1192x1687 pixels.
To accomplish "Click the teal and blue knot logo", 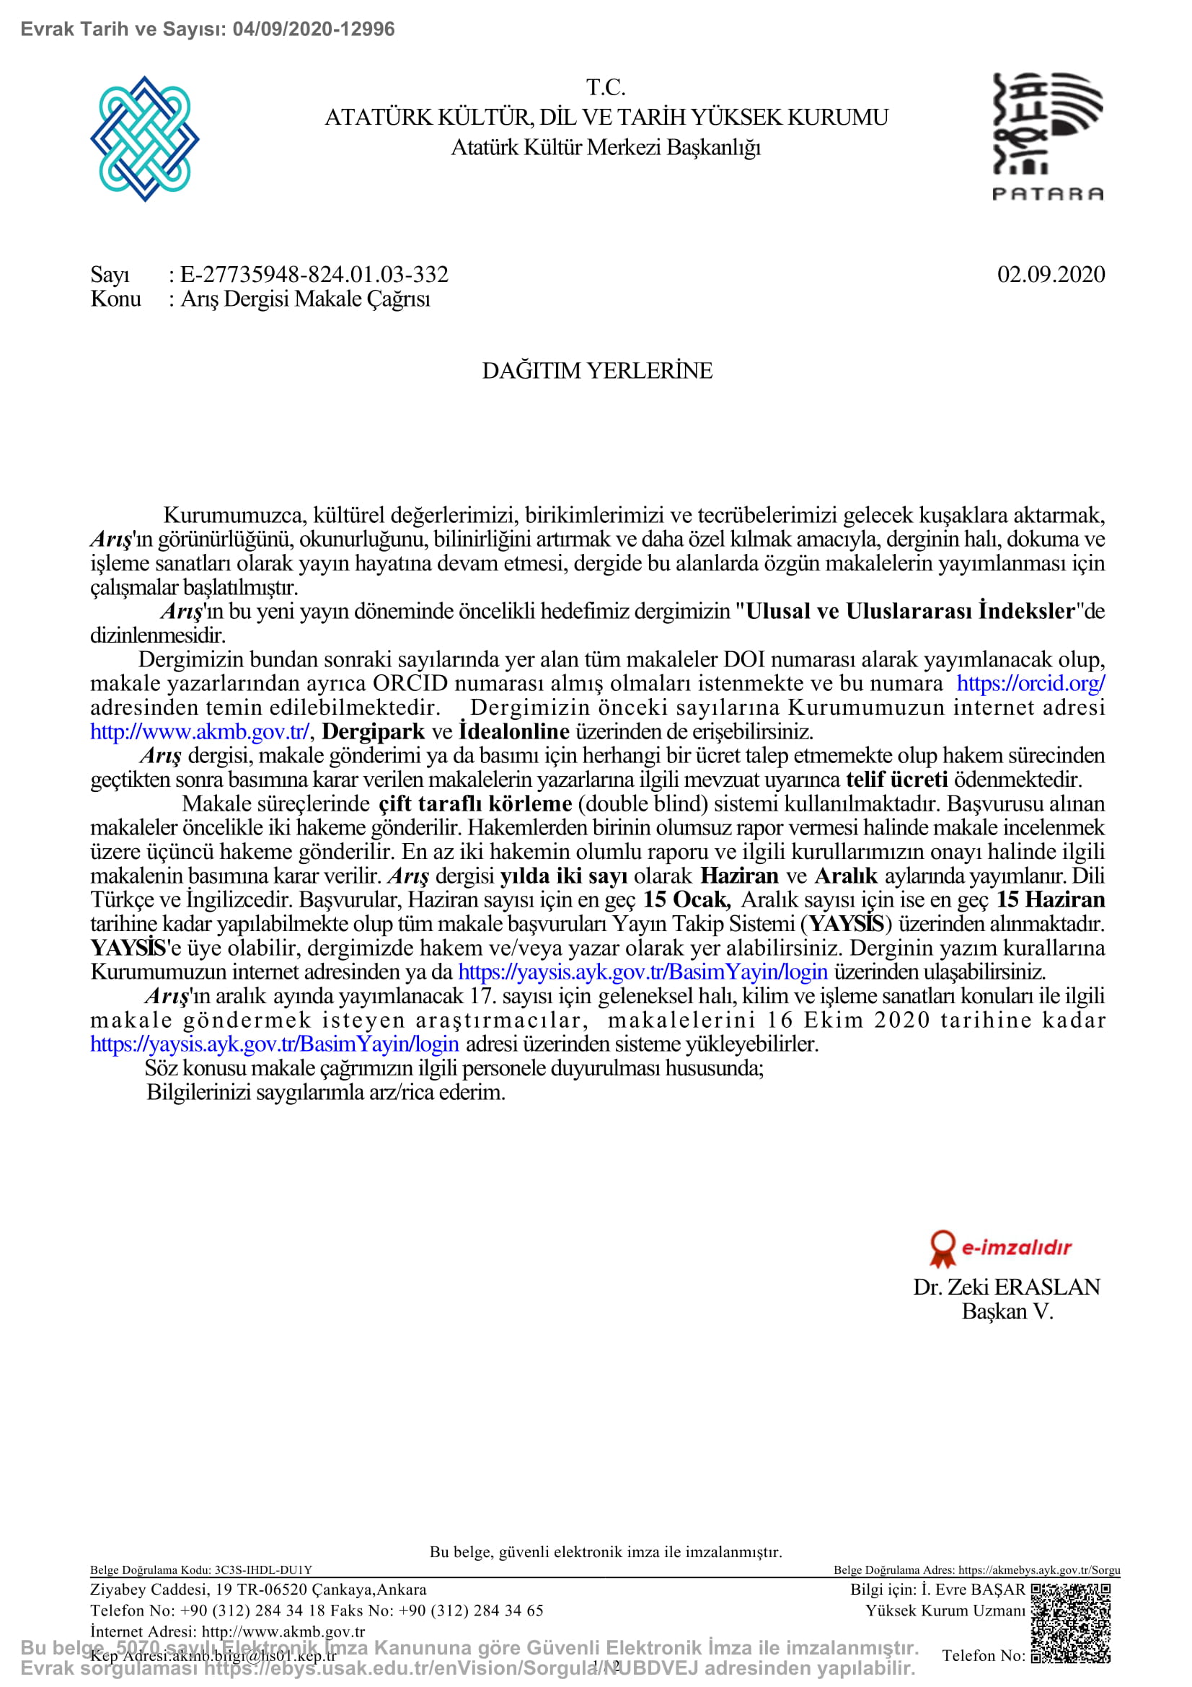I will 145,138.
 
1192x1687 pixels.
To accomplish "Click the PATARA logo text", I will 1047,194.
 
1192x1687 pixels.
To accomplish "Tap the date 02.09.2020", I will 1050,275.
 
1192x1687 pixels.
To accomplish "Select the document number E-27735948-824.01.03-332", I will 314,275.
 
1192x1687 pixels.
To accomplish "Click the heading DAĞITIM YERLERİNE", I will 596,370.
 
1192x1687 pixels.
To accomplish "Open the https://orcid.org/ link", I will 1030,683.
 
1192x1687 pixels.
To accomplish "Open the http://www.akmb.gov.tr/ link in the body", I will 199,732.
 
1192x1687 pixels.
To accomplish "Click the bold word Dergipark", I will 373,732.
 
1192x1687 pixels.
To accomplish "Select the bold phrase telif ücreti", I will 896,780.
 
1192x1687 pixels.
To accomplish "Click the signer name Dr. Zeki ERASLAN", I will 1006,1287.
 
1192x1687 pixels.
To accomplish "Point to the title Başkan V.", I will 1007,1311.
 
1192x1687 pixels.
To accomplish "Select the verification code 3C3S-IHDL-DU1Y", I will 263,1570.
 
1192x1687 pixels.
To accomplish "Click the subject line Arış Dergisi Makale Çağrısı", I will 305,299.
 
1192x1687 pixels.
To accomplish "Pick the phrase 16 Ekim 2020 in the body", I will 847,1021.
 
